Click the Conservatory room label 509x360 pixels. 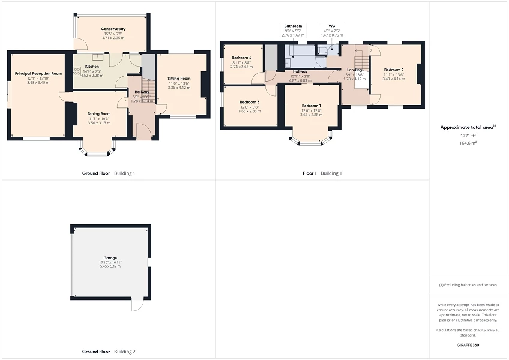113,29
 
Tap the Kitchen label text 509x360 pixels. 92,66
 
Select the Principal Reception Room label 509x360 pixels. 38,74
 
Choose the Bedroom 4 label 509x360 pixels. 241,58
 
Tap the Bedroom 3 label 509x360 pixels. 249,102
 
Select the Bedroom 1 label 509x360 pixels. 311,105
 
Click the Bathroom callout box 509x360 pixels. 293,31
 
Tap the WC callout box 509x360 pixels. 331,31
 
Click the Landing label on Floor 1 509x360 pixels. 354,70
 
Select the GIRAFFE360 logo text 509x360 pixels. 468,345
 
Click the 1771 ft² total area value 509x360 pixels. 468,136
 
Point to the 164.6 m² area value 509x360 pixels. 468,143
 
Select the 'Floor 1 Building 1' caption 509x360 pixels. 322,173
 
